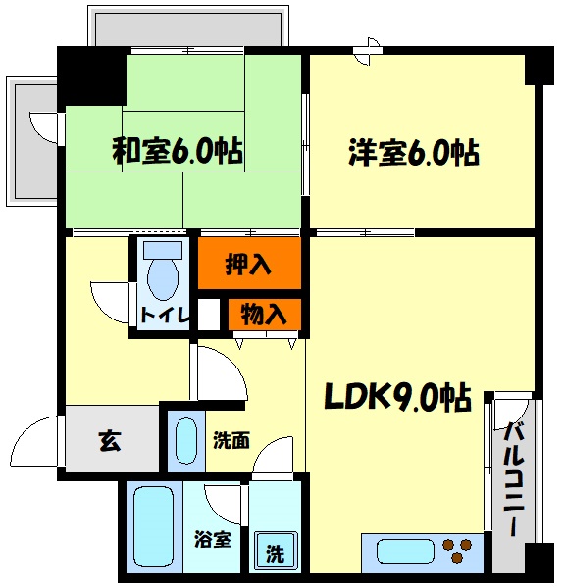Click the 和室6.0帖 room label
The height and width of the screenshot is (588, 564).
(178, 152)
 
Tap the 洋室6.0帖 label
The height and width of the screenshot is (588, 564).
(413, 152)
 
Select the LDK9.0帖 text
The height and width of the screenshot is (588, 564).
(396, 399)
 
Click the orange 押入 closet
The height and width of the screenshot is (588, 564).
(249, 264)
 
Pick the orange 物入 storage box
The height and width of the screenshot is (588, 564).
(264, 315)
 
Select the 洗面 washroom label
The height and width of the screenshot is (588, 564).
(231, 441)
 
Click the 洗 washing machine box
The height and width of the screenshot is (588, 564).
(276, 553)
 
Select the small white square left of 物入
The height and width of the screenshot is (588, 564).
(208, 315)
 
